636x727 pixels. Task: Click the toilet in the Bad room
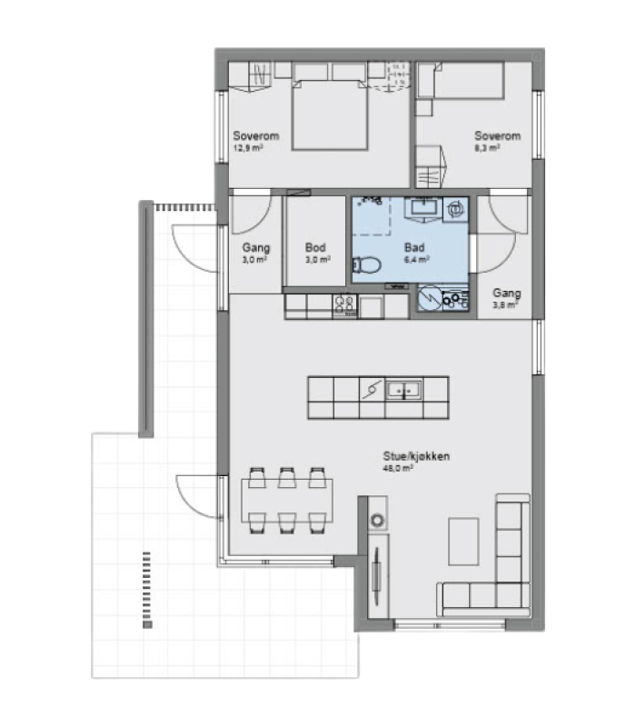tap(367, 265)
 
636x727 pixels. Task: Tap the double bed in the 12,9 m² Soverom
tap(330, 115)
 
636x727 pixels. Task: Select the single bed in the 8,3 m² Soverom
tap(468, 81)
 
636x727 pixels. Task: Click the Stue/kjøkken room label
tap(416, 456)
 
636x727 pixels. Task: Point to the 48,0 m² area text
tap(398, 468)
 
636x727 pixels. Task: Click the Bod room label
tap(315, 247)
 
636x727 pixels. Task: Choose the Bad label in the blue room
tap(414, 247)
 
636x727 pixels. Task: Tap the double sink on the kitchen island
tap(404, 390)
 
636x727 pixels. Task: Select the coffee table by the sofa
tap(463, 542)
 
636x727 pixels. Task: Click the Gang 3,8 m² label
tap(506, 298)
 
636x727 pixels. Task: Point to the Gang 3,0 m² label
tap(255, 254)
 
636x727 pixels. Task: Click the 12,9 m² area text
tap(248, 148)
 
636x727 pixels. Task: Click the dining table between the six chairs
tap(287, 501)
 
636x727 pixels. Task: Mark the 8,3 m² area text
tap(487, 148)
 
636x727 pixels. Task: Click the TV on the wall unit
tap(376, 576)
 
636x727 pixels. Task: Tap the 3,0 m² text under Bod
tap(317, 260)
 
